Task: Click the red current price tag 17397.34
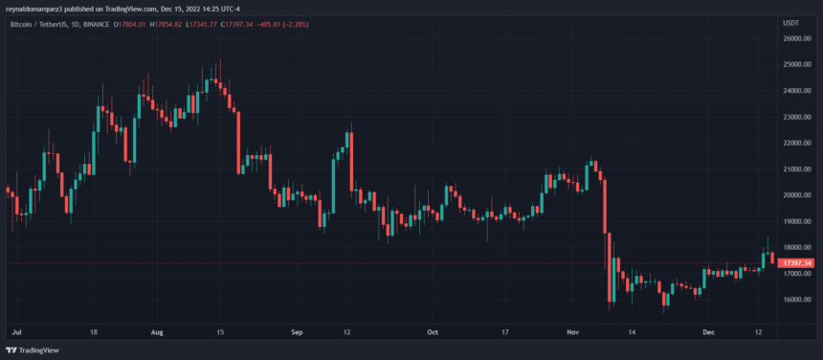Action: (796, 262)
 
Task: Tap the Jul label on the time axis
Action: (15, 332)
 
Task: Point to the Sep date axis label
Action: (296, 332)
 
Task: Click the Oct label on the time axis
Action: (432, 332)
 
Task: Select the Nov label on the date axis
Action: (573, 332)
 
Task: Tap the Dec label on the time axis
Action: (708, 332)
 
